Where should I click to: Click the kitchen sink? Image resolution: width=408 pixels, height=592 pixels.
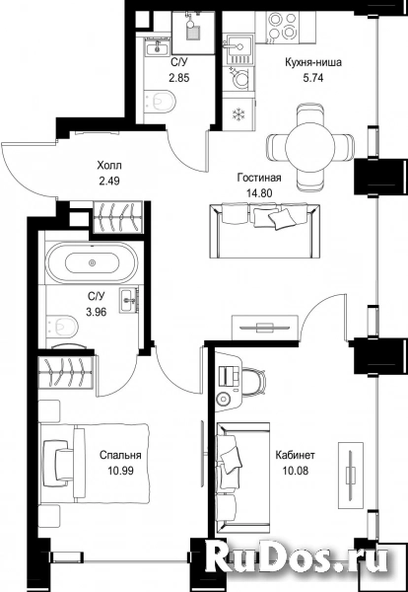point(239,48)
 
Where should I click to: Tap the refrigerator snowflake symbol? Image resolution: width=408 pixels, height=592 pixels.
point(238,113)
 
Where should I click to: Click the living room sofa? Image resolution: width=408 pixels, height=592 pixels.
point(265,231)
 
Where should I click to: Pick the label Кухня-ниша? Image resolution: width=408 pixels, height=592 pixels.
point(313,62)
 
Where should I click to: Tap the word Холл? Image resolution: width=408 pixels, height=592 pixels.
point(109,166)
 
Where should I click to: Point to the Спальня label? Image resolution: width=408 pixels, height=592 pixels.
point(120,455)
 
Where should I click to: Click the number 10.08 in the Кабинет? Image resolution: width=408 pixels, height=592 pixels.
point(296,471)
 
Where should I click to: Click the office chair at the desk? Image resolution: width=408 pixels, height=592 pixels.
point(255,383)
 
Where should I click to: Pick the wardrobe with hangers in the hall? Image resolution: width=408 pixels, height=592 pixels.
point(118,217)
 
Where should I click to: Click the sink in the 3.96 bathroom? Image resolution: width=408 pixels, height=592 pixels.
point(129,301)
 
